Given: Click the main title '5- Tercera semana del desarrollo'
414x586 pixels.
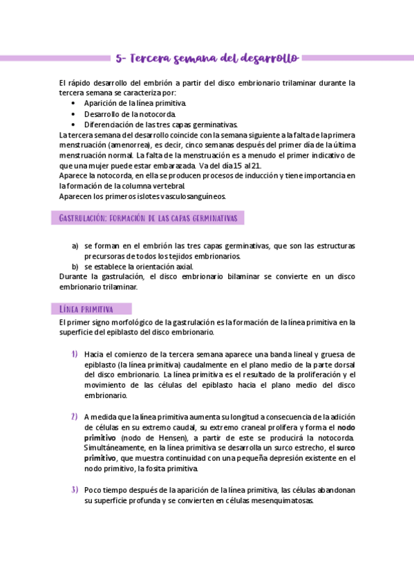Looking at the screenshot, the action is [207, 58].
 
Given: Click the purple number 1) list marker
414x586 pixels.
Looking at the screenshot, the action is [74, 354].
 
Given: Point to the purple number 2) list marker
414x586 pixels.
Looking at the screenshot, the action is [74, 417].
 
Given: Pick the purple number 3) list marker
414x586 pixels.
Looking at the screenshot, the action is [74, 490].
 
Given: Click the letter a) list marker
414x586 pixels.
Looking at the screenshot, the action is [75, 245].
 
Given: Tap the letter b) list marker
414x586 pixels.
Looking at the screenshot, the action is [75, 266].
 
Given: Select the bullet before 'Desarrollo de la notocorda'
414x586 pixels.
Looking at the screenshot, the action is [74, 114].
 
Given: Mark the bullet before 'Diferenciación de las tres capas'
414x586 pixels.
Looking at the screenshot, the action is [74, 124].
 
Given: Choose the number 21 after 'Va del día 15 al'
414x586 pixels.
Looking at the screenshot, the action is [256, 166].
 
